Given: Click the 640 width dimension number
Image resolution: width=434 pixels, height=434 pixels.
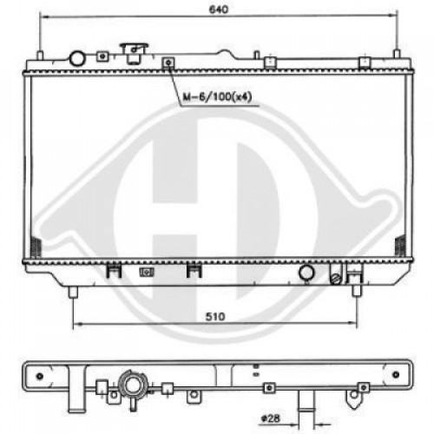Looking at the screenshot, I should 218,10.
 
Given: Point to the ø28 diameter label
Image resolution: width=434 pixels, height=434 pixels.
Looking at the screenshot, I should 273,418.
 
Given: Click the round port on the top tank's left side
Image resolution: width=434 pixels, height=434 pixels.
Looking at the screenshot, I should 76,58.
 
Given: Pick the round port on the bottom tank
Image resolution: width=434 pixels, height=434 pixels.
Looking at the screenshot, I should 306,273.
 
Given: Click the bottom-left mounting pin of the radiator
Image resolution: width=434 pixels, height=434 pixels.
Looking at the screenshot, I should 73,290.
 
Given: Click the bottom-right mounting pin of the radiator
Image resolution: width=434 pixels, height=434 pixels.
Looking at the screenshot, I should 358,290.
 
